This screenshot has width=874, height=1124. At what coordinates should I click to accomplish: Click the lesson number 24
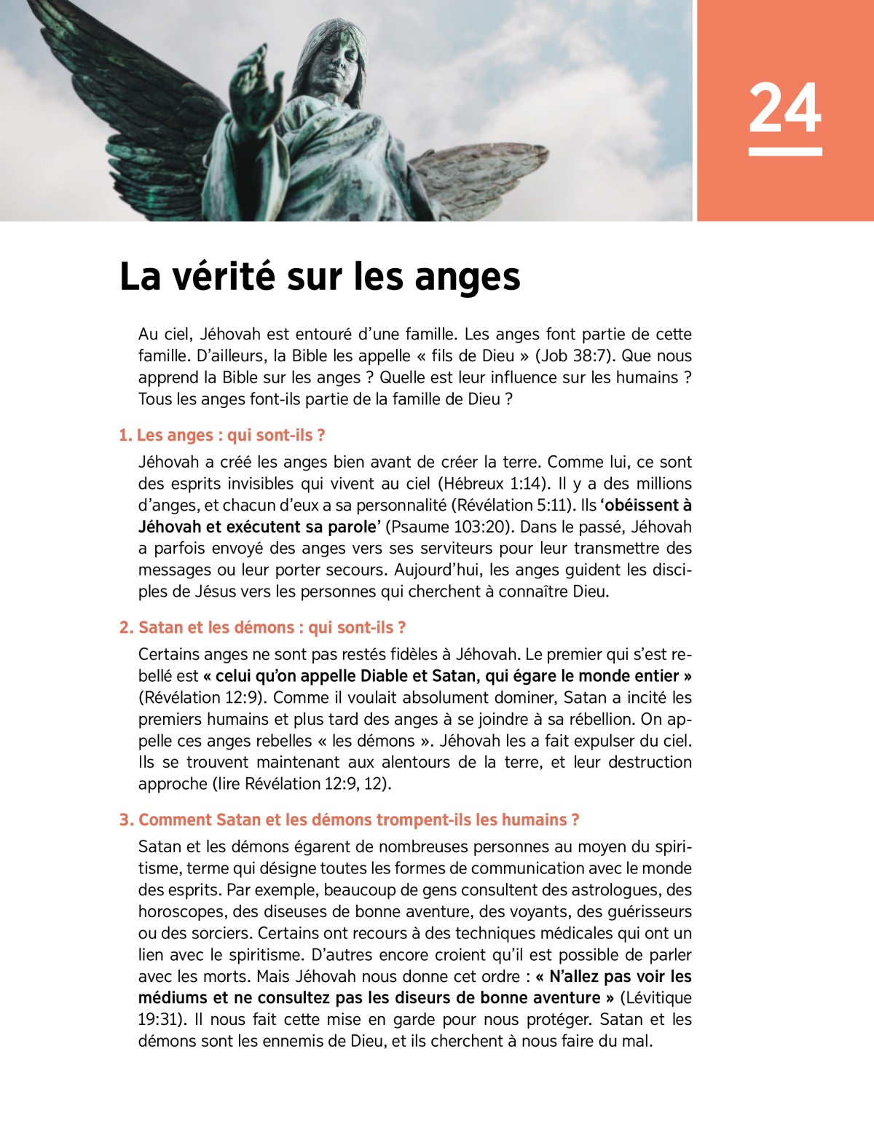click(x=784, y=108)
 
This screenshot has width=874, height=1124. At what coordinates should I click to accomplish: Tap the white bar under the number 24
click(x=784, y=152)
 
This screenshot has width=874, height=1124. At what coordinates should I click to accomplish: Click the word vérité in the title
click(x=223, y=277)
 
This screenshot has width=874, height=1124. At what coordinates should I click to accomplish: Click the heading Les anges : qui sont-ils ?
click(x=222, y=435)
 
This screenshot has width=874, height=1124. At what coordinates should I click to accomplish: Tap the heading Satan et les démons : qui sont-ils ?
click(x=263, y=627)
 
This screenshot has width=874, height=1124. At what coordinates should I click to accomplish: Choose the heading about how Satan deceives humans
click(x=350, y=820)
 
